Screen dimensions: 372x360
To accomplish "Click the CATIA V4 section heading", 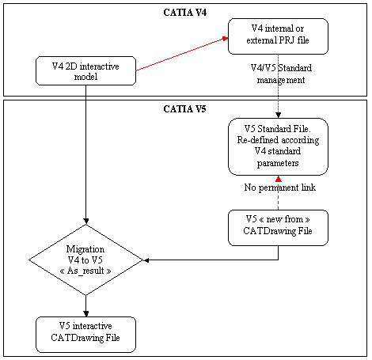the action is click(x=184, y=13).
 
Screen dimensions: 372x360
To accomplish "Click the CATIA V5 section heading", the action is click(x=184, y=109).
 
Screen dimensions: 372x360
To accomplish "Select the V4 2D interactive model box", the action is click(x=85, y=70).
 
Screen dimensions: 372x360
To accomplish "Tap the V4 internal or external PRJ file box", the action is click(x=278, y=36).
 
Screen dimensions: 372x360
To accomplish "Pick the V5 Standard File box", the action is click(x=278, y=146).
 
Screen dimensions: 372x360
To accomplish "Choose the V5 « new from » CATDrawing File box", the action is click(x=278, y=228).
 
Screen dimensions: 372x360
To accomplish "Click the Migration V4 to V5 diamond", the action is click(x=85, y=260).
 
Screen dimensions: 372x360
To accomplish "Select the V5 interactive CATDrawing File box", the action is click(x=85, y=335).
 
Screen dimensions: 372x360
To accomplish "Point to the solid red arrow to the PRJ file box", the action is click(x=182, y=54).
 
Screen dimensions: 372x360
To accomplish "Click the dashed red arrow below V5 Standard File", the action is click(x=279, y=193).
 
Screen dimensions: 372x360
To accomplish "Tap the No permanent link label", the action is click(x=280, y=188).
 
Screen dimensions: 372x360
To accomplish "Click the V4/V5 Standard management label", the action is click(x=281, y=74).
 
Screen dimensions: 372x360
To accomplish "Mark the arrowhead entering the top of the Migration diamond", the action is click(x=85, y=222).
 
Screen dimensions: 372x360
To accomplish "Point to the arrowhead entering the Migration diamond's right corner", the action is click(x=146, y=260).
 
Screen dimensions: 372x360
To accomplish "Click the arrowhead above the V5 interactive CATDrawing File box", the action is click(x=85, y=313).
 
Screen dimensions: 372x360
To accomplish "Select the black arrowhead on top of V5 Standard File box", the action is click(x=279, y=116).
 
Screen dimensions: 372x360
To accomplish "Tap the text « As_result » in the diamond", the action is click(x=85, y=271).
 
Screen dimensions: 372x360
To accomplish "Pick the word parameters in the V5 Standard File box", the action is click(x=278, y=163).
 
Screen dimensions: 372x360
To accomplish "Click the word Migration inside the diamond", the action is click(x=85, y=249).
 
